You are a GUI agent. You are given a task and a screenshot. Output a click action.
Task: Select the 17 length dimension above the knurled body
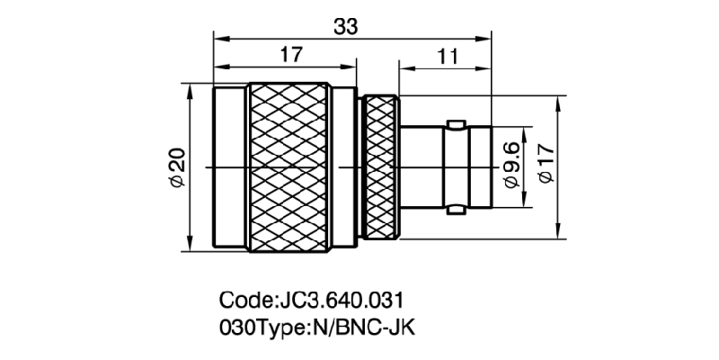289,56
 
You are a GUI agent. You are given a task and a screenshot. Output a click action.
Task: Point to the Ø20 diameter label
177,167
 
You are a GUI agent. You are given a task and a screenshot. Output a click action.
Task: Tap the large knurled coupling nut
289,167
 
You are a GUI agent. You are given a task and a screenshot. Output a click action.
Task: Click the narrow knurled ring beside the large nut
379,167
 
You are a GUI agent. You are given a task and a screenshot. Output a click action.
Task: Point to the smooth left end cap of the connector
230,167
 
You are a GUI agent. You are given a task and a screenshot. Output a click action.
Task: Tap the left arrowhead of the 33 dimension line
218,37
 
